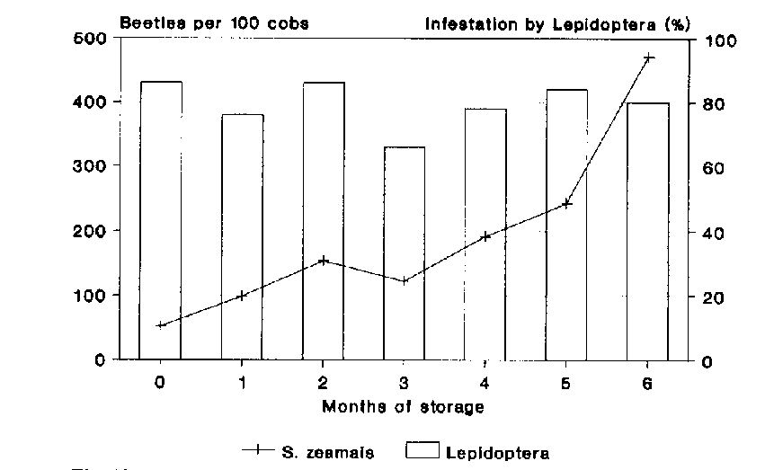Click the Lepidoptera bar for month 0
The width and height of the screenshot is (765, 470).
(x=161, y=220)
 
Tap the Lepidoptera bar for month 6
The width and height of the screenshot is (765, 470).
(x=648, y=231)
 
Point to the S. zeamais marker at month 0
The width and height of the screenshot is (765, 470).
(x=161, y=325)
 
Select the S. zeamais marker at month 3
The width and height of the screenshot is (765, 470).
(x=405, y=281)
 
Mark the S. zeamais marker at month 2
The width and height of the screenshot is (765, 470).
(x=324, y=261)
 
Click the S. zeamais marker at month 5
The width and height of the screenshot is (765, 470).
(x=566, y=204)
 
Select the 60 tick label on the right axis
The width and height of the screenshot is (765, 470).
(x=704, y=169)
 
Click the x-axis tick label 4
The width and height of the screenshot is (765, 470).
(x=485, y=383)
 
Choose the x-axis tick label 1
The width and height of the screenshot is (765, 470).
(x=242, y=383)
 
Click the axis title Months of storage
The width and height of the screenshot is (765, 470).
(x=403, y=407)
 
